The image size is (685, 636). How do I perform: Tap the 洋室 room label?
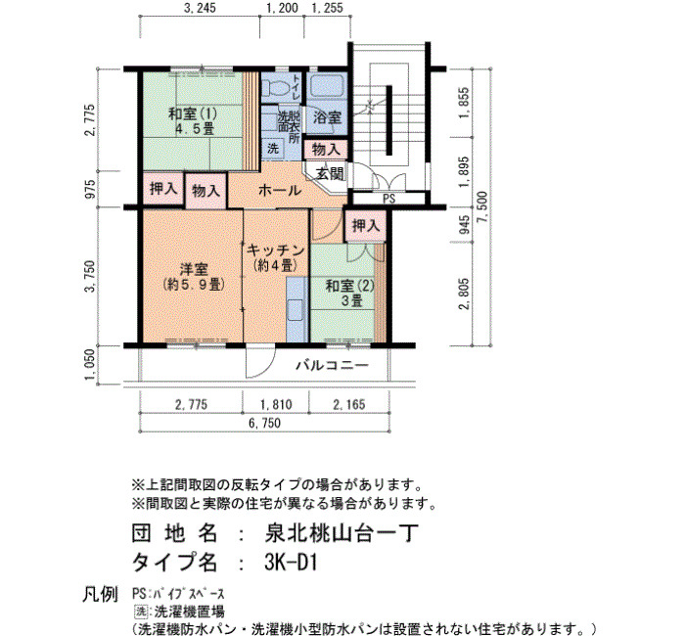(194, 269)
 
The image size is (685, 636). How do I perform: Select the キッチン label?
(276, 250)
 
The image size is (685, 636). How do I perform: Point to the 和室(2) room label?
(350, 286)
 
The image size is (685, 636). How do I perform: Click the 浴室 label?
(327, 117)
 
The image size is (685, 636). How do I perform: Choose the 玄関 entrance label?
(330, 174)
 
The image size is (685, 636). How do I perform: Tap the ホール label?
(280, 191)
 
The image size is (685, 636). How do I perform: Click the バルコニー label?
(333, 365)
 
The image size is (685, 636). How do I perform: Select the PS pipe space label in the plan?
(388, 199)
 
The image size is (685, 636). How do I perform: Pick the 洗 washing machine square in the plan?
(273, 149)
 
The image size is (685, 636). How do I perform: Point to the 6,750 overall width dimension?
(265, 423)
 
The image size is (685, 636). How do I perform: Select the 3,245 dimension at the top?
(200, 8)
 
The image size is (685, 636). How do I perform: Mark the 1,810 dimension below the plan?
(276, 404)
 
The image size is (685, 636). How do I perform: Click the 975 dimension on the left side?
(90, 190)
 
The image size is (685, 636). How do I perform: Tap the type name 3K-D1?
(290, 563)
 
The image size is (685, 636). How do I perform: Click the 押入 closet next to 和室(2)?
(366, 226)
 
